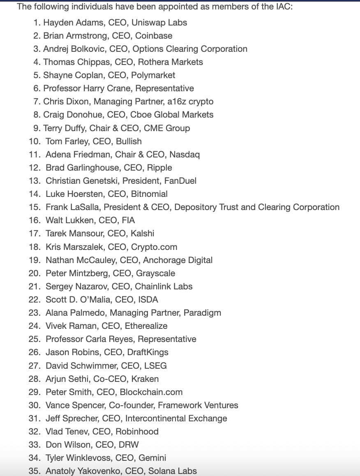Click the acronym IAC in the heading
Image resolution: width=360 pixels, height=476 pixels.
click(x=282, y=7)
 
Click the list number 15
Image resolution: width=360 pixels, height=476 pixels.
click(x=34, y=207)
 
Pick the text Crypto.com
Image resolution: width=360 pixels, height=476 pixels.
click(x=154, y=247)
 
